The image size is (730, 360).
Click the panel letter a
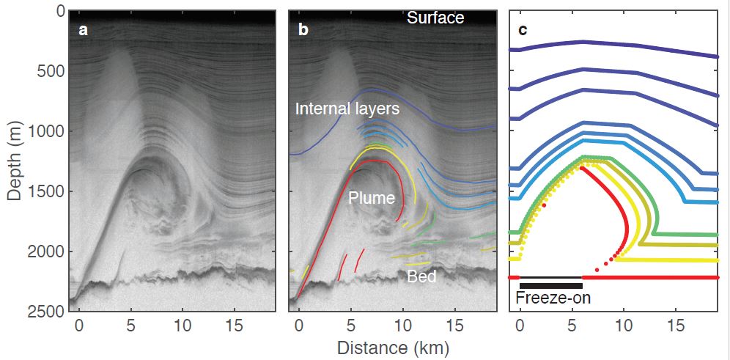click(83, 31)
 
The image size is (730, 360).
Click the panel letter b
click(303, 31)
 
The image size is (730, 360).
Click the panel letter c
click(523, 31)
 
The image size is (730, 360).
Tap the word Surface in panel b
click(435, 18)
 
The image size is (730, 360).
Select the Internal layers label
click(347, 109)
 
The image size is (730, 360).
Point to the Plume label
click(372, 198)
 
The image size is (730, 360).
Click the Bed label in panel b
click(423, 276)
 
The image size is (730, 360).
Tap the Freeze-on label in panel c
click(553, 298)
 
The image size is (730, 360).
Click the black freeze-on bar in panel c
click(550, 285)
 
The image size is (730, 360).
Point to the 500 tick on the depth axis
click(49, 71)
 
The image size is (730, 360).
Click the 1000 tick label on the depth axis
click(45, 131)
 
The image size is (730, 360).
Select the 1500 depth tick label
click(45, 191)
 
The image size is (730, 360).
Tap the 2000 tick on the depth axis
click(45, 251)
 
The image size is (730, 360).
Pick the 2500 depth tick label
click(45, 312)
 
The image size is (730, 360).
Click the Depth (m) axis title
click(14, 160)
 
